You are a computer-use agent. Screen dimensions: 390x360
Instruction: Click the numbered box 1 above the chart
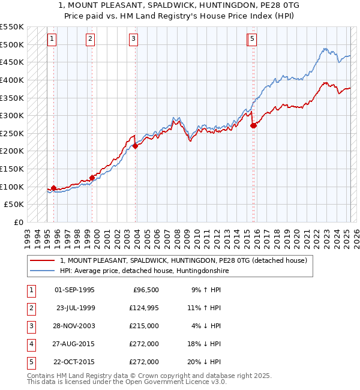point(52,40)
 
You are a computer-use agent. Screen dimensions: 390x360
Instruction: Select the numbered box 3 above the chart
point(133,40)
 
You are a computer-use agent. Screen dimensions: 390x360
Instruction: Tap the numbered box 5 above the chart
point(252,40)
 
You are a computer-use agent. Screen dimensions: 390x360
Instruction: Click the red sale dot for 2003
point(136,145)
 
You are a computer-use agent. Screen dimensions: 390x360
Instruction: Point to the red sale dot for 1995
point(54,188)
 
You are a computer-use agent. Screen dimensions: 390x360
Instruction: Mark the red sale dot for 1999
point(92,178)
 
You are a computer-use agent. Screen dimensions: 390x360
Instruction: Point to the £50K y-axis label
point(14,205)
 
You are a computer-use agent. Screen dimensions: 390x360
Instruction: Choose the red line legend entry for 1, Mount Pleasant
point(183,260)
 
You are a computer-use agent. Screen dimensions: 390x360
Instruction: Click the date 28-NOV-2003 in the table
point(74,326)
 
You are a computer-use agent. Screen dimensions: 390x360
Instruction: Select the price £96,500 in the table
point(144,290)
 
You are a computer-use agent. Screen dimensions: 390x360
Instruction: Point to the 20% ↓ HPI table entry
point(206,362)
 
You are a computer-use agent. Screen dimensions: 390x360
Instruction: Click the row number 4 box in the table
point(30,344)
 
